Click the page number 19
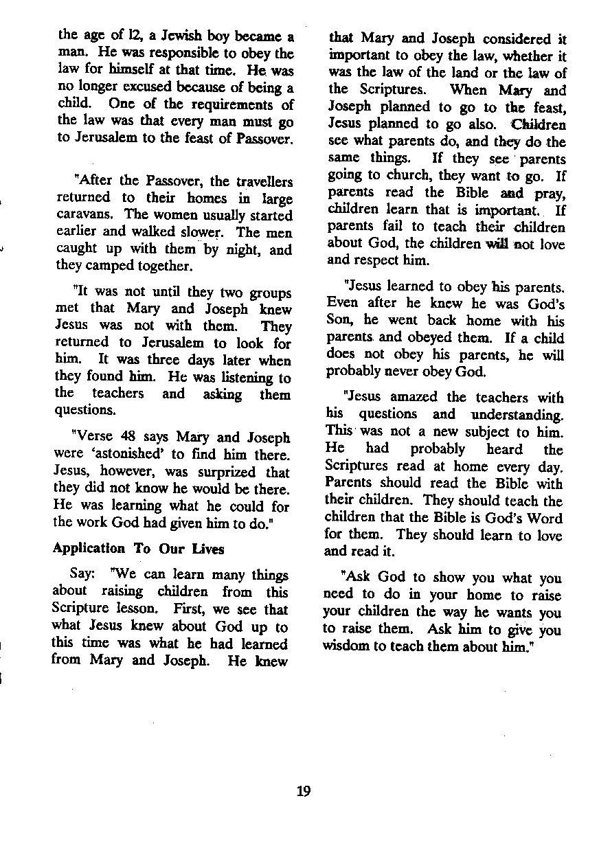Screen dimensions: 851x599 pyautogui.click(x=304, y=791)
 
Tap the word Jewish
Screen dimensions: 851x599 pyautogui.click(x=168, y=36)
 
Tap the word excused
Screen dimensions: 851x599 pyautogui.click(x=150, y=87)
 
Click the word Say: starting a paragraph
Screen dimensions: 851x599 pyautogui.click(x=83, y=575)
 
